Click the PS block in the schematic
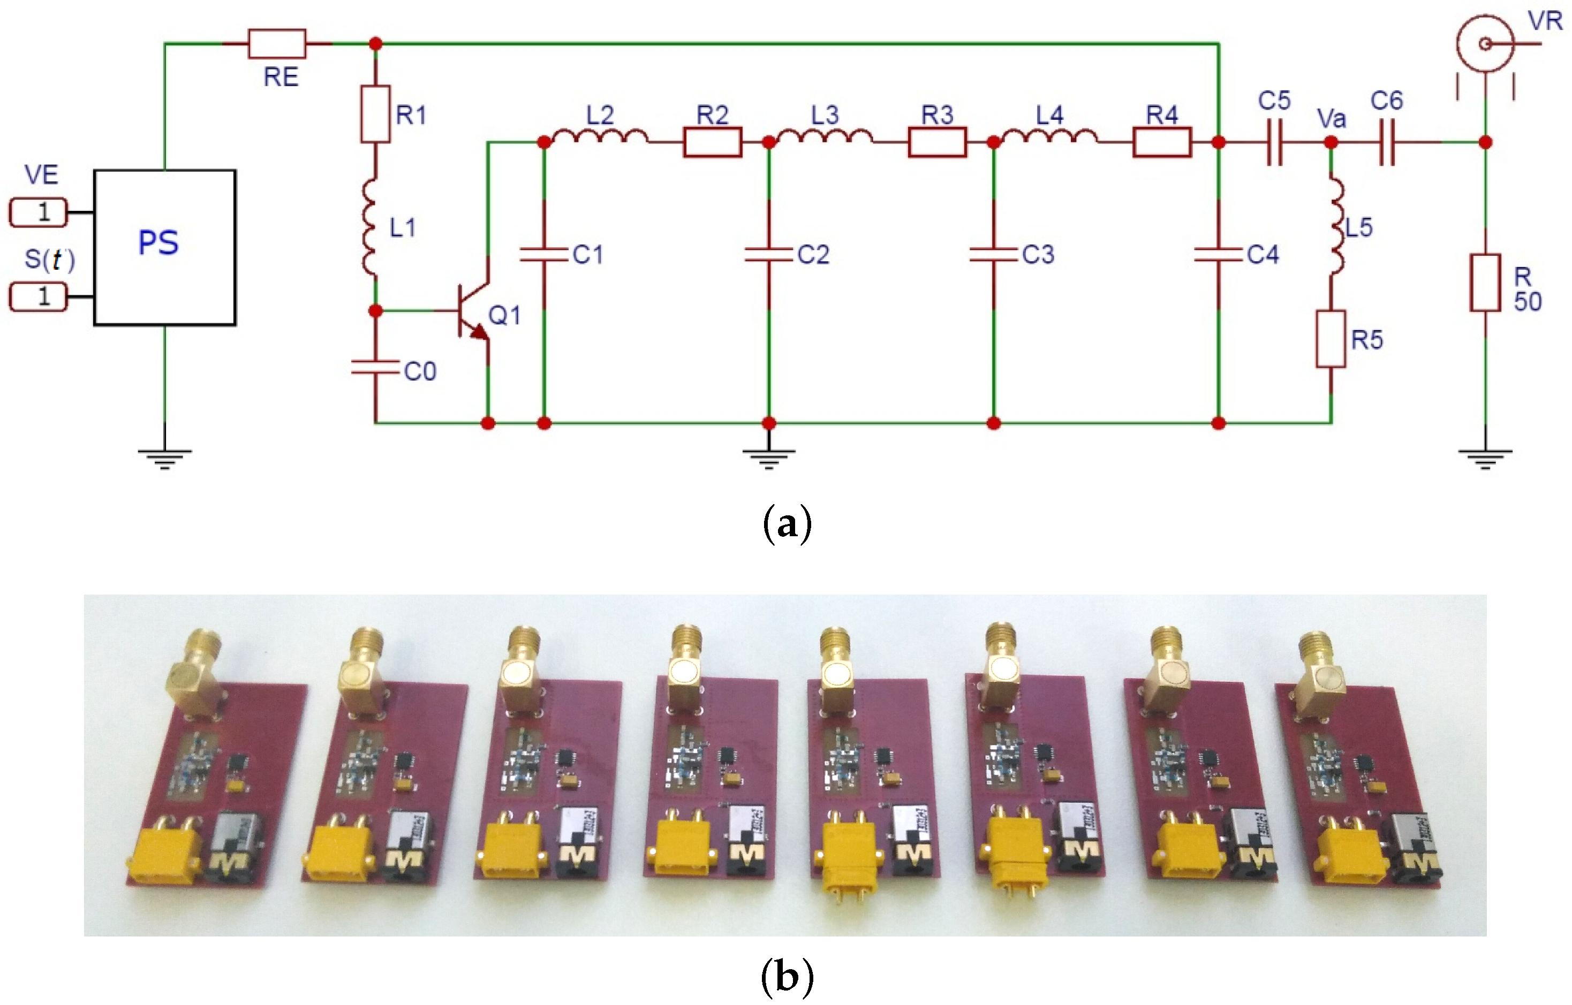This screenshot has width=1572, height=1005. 164,247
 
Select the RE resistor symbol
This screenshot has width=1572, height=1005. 277,44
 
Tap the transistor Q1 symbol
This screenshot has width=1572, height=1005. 473,311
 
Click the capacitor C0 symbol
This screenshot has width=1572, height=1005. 375,368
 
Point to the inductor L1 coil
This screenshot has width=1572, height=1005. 370,226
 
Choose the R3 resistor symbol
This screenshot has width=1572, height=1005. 937,142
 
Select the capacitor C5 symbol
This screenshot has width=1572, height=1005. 1274,142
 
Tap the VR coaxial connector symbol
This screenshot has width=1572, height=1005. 1485,44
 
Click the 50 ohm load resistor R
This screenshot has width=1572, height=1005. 1485,283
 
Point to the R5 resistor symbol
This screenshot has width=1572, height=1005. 1331,339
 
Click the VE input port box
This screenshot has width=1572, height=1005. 38,212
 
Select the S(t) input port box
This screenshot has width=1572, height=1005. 38,297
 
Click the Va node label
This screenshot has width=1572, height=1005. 1331,119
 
